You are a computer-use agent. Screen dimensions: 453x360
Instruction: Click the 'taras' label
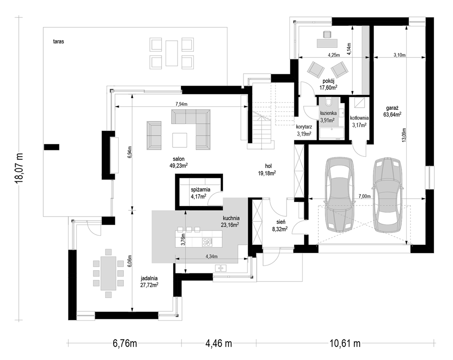[59, 42]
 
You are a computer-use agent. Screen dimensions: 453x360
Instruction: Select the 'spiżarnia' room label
[201, 190]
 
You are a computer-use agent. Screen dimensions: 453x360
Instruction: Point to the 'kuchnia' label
[231, 218]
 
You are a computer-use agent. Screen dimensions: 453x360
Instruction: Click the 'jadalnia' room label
[149, 279]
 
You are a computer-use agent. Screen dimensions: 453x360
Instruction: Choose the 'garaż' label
[392, 108]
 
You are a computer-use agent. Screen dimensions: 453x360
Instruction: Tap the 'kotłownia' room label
[359, 118]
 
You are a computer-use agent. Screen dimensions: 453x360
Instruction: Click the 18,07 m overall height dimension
[20, 168]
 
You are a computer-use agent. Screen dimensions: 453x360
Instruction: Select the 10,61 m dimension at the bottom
[345, 343]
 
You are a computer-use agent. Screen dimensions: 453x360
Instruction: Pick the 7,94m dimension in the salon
[181, 105]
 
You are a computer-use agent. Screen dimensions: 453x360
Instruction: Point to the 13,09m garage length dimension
[404, 134]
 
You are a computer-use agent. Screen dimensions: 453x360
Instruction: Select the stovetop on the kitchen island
[207, 242]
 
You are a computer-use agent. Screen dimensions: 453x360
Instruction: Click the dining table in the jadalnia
[109, 273]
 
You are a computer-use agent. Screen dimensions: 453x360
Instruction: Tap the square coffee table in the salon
[180, 140]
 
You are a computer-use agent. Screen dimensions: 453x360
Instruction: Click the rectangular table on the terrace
[171, 53]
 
